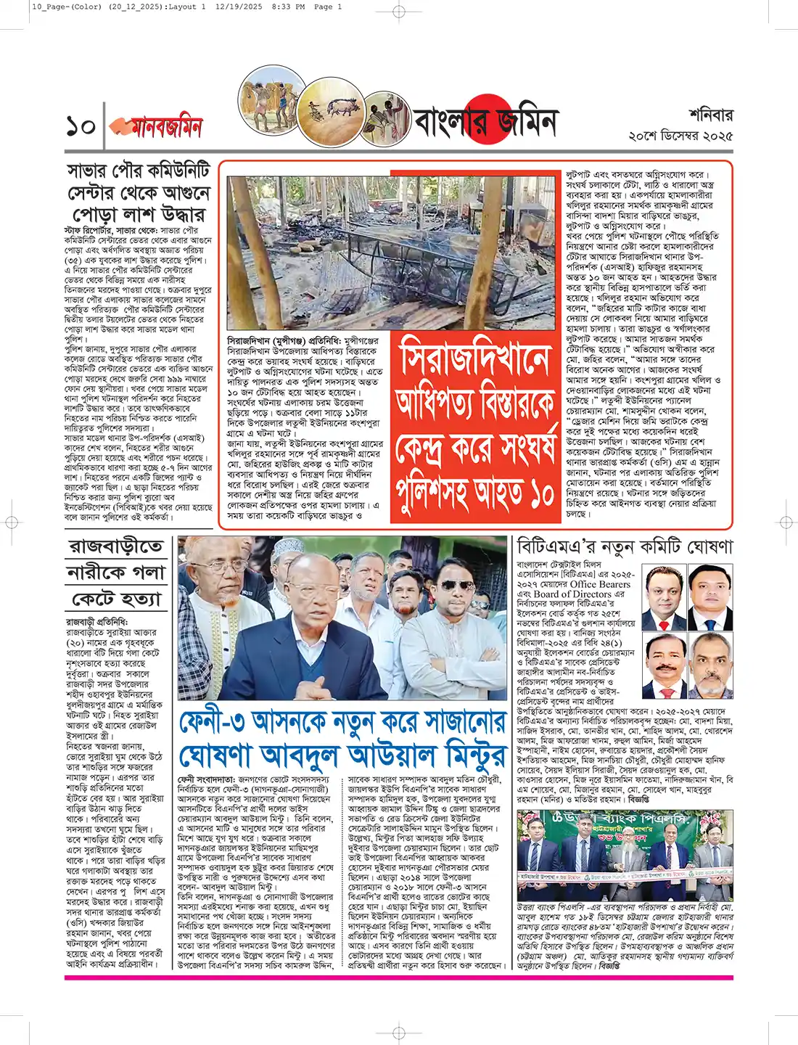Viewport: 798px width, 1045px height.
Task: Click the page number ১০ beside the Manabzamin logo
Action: coord(81,126)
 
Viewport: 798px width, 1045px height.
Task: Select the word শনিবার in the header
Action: coord(710,115)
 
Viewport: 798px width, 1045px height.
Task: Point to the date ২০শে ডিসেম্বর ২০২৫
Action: coord(680,136)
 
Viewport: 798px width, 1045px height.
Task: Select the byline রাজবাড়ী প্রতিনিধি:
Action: coord(96,622)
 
